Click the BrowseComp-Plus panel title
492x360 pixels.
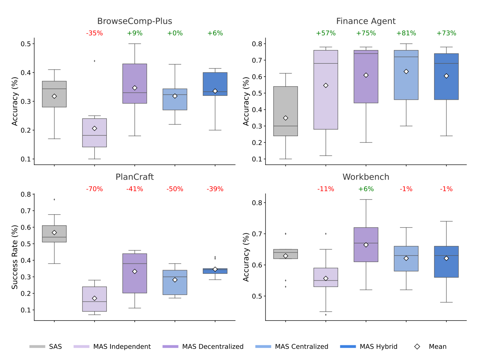click(134, 21)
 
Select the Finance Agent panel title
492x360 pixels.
click(366, 21)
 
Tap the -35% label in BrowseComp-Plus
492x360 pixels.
click(94, 33)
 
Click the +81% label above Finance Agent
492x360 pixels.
click(406, 33)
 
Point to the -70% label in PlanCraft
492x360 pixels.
click(94, 189)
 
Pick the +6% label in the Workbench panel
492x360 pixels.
click(366, 189)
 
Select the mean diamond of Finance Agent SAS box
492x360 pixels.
click(285, 118)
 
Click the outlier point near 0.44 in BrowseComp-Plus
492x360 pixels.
click(95, 61)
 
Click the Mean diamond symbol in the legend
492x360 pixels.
click(417, 346)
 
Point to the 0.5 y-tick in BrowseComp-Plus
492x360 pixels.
click(25, 44)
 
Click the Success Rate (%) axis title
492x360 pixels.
click(15, 257)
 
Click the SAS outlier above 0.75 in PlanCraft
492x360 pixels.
click(55, 200)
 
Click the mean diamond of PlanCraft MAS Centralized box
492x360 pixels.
click(175, 280)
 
